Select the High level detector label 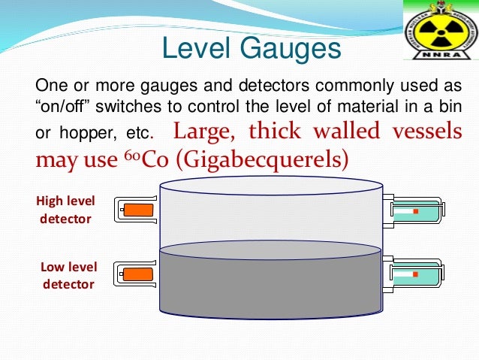coord(64,210)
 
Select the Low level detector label coord(68,275)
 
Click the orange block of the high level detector coord(138,210)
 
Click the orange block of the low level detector coord(138,275)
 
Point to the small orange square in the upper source coord(414,211)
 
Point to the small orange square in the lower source coord(414,275)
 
